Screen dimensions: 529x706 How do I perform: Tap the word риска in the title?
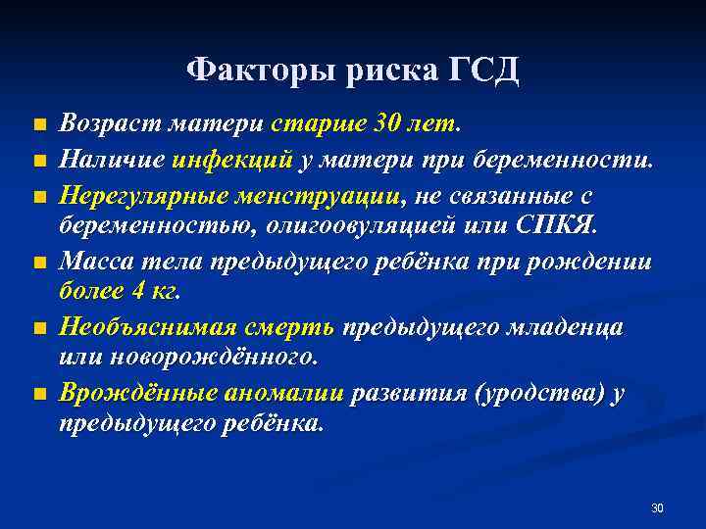[x=386, y=71]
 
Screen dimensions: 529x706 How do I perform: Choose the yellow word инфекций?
[x=232, y=159]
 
